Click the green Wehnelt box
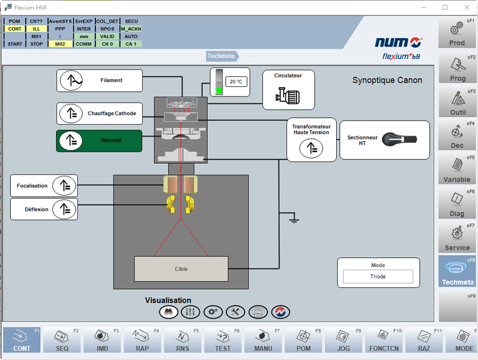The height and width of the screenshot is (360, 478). (x=99, y=141)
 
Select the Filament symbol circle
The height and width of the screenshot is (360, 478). (x=71, y=80)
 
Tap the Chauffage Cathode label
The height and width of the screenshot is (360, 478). (x=112, y=113)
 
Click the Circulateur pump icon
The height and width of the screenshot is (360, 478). (x=288, y=95)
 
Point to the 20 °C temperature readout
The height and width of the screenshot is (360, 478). (x=236, y=82)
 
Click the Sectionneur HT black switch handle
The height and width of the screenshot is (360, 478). (x=399, y=139)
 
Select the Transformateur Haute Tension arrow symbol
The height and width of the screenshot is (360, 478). (x=311, y=148)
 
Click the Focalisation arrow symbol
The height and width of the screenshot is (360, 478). (x=64, y=185)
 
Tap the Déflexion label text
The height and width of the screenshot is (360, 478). (x=37, y=209)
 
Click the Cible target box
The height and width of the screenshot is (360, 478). (x=181, y=269)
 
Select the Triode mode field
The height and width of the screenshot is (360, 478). (x=378, y=277)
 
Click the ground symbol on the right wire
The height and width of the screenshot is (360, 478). (x=294, y=218)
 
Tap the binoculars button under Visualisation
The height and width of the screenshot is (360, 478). (x=169, y=312)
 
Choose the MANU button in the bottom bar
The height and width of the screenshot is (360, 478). (x=263, y=340)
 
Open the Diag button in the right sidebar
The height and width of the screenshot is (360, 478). (x=456, y=204)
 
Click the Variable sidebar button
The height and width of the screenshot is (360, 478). (x=456, y=170)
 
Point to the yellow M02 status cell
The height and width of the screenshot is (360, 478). (x=60, y=44)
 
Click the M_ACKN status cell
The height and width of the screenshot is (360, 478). (x=131, y=29)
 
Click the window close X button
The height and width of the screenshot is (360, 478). (x=467, y=7)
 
